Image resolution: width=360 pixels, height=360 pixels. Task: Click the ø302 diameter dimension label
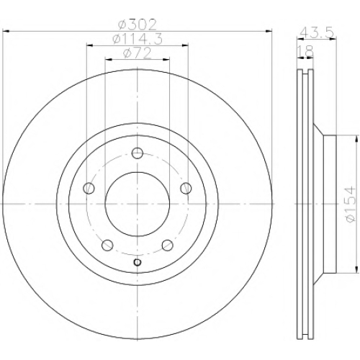[138, 24]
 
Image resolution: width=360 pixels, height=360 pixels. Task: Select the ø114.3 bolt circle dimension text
[138, 39]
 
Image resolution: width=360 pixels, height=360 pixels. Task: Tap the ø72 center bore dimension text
[138, 53]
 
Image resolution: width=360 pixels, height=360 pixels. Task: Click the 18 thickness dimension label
[305, 50]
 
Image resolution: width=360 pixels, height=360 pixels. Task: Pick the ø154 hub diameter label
[350, 204]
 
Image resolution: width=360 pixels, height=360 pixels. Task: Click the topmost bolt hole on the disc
[138, 153]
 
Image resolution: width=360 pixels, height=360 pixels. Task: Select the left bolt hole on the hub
[89, 188]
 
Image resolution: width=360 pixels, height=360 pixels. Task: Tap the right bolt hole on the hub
[186, 188]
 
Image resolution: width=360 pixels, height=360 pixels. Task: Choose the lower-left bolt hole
[107, 245]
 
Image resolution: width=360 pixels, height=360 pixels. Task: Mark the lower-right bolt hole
[168, 245]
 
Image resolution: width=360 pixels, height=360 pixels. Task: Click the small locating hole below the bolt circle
[138, 262]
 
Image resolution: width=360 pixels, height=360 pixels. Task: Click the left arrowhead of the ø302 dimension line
[6, 31]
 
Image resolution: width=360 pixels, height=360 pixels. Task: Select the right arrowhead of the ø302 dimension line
[269, 31]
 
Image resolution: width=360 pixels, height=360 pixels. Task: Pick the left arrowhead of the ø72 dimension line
[109, 59]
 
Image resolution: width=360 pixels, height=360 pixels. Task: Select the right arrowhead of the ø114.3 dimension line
[185, 45]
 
